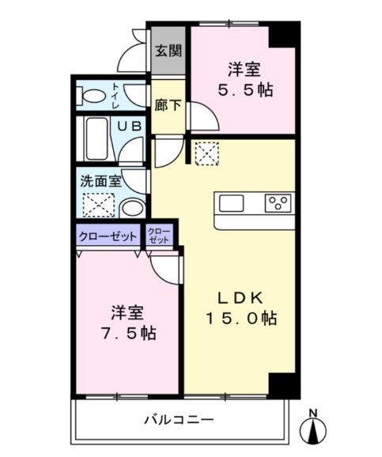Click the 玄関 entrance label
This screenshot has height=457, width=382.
167,51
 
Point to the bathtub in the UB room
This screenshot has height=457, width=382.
96,139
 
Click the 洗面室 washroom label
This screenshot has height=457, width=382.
100,179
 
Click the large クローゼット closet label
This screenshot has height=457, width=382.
108,236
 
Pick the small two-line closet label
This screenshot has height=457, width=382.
158,235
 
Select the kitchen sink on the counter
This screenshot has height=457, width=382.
232,203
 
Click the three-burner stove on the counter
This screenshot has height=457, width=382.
278,203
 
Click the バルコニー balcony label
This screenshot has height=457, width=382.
178,419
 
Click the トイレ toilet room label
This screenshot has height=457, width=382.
116,96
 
